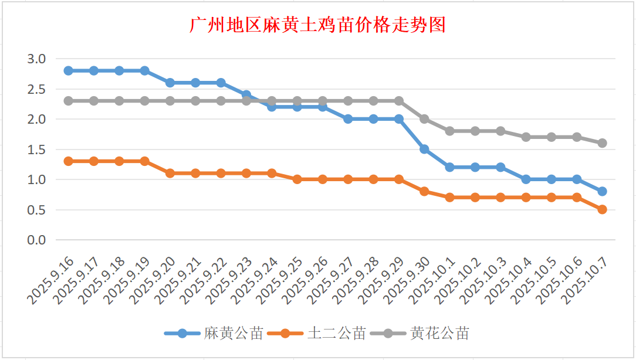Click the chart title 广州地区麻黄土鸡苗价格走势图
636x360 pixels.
point(318,25)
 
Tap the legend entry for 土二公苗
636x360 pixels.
point(336,334)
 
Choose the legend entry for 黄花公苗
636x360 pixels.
point(439,334)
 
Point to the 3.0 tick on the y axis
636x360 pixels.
point(36,59)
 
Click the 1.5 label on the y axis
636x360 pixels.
point(36,150)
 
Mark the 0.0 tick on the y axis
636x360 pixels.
point(36,240)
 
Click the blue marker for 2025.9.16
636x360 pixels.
point(69,70)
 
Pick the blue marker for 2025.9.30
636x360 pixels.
point(424,149)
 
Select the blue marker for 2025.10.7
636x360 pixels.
point(602,191)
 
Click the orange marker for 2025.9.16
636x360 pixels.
point(69,161)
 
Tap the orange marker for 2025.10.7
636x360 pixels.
point(602,209)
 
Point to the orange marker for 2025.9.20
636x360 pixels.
point(170,173)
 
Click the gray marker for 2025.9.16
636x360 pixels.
point(69,101)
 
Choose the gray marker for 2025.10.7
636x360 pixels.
point(602,143)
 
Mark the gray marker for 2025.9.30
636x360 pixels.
point(424,119)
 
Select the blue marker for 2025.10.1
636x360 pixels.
point(450,167)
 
